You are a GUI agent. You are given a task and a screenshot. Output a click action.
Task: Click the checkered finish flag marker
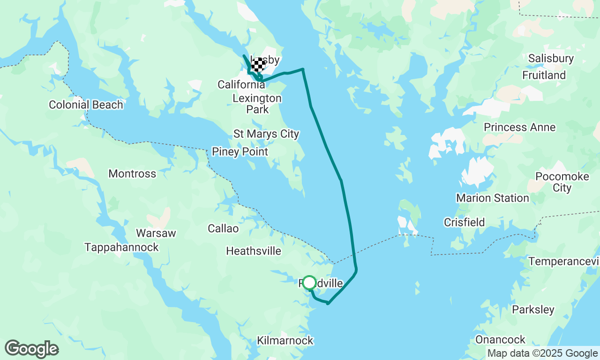[x=258, y=65]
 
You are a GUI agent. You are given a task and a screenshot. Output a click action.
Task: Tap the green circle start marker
[x=309, y=283]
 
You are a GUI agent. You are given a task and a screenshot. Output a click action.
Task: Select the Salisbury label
[x=551, y=59]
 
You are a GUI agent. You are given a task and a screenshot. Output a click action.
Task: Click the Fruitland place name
[x=544, y=75]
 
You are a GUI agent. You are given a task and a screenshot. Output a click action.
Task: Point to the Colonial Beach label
[x=86, y=105]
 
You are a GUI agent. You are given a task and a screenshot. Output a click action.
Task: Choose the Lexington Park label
[x=257, y=104]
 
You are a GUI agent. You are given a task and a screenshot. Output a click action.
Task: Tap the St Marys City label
[x=266, y=134]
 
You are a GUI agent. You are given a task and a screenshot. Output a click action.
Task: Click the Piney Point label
[x=240, y=152]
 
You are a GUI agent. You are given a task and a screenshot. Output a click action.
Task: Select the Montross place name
[x=132, y=174]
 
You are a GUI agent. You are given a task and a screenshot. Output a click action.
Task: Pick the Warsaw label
[x=156, y=233]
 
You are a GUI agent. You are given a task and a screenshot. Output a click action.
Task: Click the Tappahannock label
[x=122, y=247]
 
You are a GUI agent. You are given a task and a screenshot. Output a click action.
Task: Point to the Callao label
[x=223, y=229]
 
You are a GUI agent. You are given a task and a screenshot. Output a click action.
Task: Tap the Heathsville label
[x=254, y=251]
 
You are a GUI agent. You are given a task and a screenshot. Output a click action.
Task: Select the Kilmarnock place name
[x=285, y=341]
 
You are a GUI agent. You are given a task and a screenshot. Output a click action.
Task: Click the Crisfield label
[x=465, y=222]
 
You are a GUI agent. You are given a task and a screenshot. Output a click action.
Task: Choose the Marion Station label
[x=493, y=198]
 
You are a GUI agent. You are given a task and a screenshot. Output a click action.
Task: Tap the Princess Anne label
[x=520, y=127]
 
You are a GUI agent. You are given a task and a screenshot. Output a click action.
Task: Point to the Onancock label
[x=501, y=339]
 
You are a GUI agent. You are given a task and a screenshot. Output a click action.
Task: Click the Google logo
[x=32, y=349]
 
